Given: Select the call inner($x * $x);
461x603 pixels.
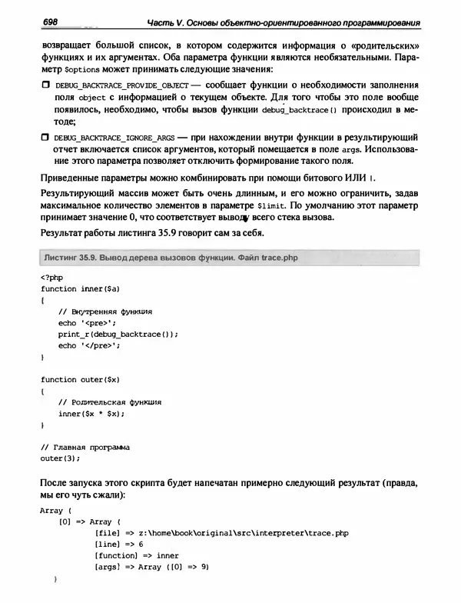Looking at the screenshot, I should coord(91,413).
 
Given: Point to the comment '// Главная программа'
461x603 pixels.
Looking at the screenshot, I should coord(85,447).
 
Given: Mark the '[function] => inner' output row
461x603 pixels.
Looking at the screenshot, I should coord(136,555).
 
